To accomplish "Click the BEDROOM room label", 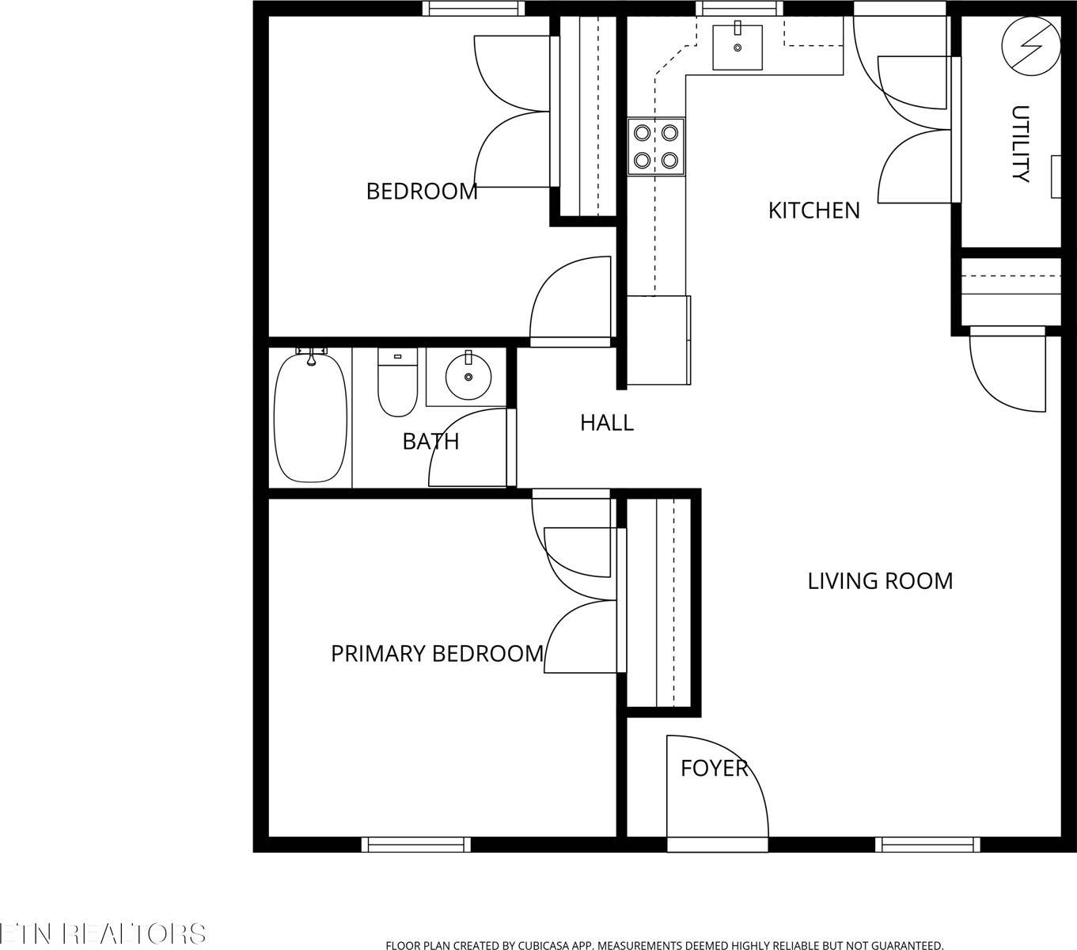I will coord(422,192).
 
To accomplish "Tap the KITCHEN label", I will coord(813,211).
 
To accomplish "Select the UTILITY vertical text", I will coord(1021,143).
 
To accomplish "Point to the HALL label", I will coord(607,423).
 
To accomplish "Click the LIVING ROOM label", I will coord(880,581).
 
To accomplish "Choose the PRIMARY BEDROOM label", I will coord(437,654).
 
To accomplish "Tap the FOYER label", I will coord(714,768).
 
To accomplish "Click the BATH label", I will coord(430,442).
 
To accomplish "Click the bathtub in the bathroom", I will coord(310,417).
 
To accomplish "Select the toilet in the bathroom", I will coord(397,383).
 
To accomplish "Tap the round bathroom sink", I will coord(468,378).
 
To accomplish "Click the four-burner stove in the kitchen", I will coord(656,146).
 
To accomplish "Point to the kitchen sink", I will coord(738,47).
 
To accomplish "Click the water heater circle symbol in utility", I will coord(1030,44).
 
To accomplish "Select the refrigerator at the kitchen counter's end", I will coord(658,341).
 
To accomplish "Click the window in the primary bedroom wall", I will coord(416,845).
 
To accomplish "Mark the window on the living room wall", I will coord(927,845).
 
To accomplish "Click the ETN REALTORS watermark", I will coord(103,933).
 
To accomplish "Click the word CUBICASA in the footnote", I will coord(548,945).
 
